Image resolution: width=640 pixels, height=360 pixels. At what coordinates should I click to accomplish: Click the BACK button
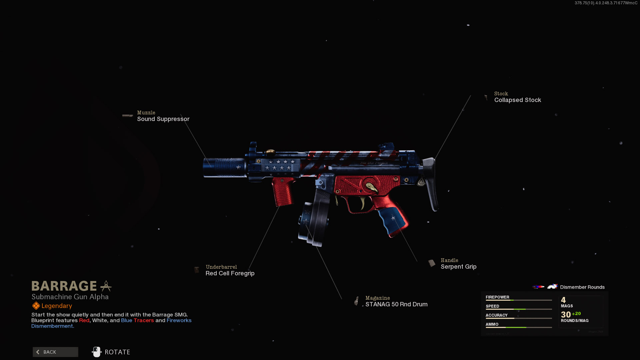point(55,352)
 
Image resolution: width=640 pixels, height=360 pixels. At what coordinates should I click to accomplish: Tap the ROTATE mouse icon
point(96,352)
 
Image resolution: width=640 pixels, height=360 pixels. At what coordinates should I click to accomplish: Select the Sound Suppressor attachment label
point(163,119)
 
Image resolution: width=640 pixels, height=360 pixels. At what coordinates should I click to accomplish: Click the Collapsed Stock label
point(517,100)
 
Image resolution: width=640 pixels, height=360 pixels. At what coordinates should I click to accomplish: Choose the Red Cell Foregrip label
point(230,273)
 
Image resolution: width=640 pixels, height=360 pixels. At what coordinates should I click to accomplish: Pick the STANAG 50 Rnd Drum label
point(396,304)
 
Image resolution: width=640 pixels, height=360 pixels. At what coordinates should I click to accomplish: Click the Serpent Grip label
point(458,267)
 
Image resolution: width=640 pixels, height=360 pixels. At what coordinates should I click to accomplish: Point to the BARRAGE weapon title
point(64,286)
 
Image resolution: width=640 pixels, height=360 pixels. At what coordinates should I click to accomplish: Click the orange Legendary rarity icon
point(36,306)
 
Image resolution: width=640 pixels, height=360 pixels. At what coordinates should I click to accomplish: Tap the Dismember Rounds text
point(582,287)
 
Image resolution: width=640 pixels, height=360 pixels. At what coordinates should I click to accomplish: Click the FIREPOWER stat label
point(497,297)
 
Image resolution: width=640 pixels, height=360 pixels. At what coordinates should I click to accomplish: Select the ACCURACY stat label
point(496,315)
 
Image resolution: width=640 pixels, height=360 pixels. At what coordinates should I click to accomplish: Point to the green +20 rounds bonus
point(576,314)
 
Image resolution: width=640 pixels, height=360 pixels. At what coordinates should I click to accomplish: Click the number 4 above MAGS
point(563,300)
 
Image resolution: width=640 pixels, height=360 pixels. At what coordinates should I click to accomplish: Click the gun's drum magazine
point(313,220)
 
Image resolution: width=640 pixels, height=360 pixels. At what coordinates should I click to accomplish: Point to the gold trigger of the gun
point(362,202)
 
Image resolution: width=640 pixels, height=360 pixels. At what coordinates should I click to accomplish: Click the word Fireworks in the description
point(179,320)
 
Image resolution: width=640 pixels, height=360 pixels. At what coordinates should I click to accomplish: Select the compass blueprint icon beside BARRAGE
point(106,286)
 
